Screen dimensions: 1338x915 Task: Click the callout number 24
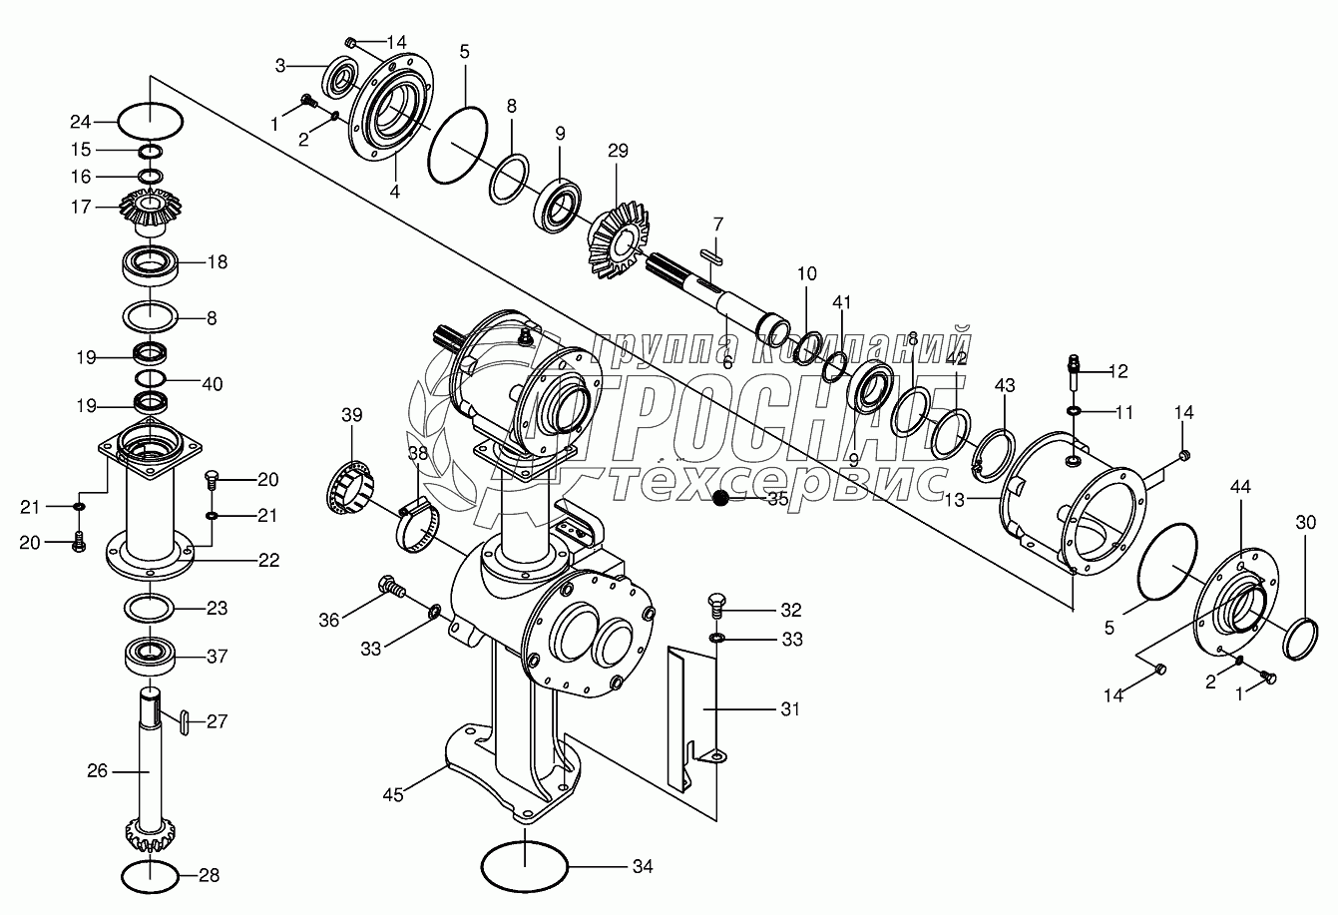click(x=80, y=123)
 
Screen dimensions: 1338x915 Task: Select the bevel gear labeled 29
click(x=616, y=238)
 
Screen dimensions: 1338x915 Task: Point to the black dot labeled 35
click(x=721, y=499)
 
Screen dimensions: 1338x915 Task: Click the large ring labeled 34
click(x=524, y=864)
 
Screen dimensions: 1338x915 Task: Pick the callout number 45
click(x=396, y=795)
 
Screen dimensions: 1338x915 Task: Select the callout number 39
click(x=352, y=414)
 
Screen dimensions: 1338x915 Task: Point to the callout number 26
click(x=97, y=771)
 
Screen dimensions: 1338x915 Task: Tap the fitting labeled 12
click(x=1074, y=372)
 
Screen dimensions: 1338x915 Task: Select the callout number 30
click(x=1306, y=521)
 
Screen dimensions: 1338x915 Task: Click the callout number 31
click(x=790, y=708)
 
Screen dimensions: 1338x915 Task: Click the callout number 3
click(x=281, y=65)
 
